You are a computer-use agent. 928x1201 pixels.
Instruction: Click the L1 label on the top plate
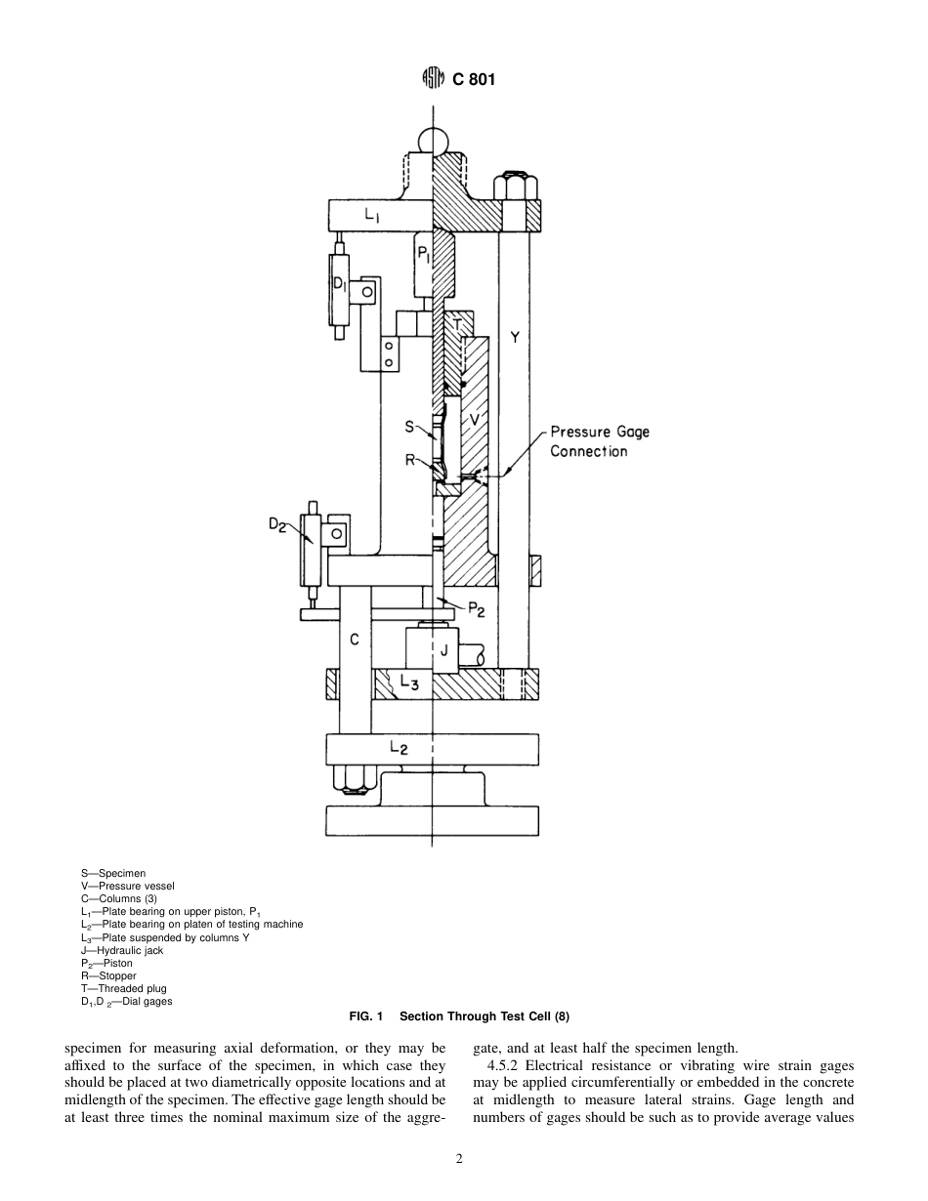tap(371, 217)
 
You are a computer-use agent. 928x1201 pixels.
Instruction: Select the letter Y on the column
tap(515, 338)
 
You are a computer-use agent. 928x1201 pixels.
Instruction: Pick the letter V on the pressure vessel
tap(474, 419)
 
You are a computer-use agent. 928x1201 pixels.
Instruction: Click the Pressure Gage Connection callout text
tap(598, 441)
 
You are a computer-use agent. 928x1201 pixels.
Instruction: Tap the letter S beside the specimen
tap(410, 427)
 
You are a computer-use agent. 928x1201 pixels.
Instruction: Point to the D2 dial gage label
tap(278, 525)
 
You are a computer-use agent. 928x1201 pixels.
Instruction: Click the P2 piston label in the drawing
tap(475, 609)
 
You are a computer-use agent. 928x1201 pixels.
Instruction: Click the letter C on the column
tap(355, 640)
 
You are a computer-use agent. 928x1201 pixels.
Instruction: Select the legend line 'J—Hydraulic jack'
tap(122, 950)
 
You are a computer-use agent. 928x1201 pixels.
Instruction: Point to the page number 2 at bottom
tap(459, 1159)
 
